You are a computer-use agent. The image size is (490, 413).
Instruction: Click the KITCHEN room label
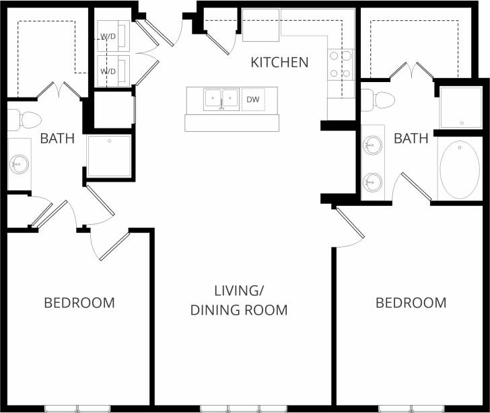click(x=279, y=63)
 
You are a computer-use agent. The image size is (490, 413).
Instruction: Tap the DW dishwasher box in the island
click(x=253, y=100)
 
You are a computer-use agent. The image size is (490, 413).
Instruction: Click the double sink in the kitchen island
click(x=221, y=100)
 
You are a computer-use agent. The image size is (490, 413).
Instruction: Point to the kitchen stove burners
click(x=341, y=65)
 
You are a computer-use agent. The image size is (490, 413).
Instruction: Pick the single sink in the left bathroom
click(x=19, y=163)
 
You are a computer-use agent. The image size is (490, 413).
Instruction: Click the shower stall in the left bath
click(x=108, y=156)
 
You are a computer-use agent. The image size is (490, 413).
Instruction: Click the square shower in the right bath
click(x=461, y=106)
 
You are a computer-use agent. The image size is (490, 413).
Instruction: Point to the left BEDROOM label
click(x=79, y=303)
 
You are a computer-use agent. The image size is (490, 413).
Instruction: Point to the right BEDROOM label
click(x=411, y=303)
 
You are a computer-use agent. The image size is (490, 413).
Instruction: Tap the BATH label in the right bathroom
click(x=411, y=139)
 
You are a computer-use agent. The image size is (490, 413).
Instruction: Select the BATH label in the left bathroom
click(x=57, y=139)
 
